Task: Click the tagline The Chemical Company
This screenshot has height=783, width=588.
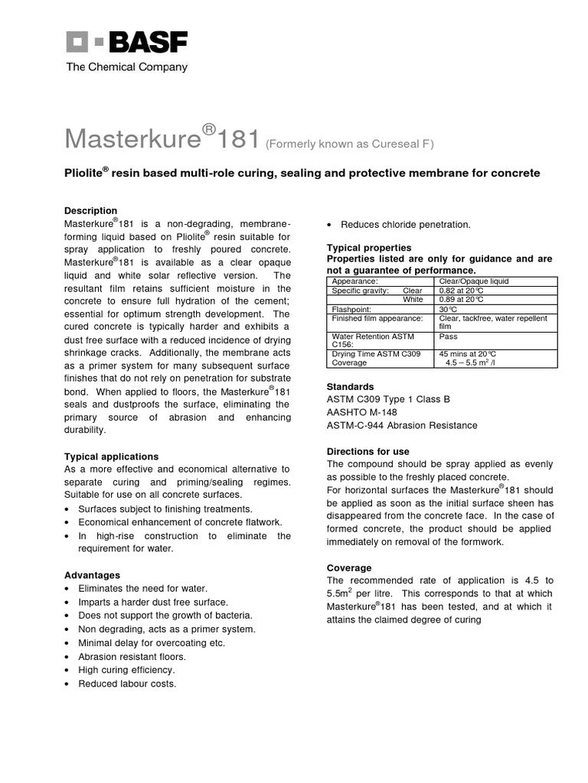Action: coord(126,67)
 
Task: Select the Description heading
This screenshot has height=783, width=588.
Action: coord(90,210)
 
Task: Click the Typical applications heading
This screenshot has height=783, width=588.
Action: coord(111,456)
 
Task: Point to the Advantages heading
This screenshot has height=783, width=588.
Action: coord(92,575)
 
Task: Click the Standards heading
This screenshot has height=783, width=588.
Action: coord(350,387)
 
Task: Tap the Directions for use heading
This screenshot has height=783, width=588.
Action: coord(367,452)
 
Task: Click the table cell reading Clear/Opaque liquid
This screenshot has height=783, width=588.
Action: coord(474,281)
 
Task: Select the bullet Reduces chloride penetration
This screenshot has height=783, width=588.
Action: coord(405,224)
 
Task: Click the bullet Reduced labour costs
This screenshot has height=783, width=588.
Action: coord(127,684)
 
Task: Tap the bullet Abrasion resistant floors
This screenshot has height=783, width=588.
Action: coord(132,656)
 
